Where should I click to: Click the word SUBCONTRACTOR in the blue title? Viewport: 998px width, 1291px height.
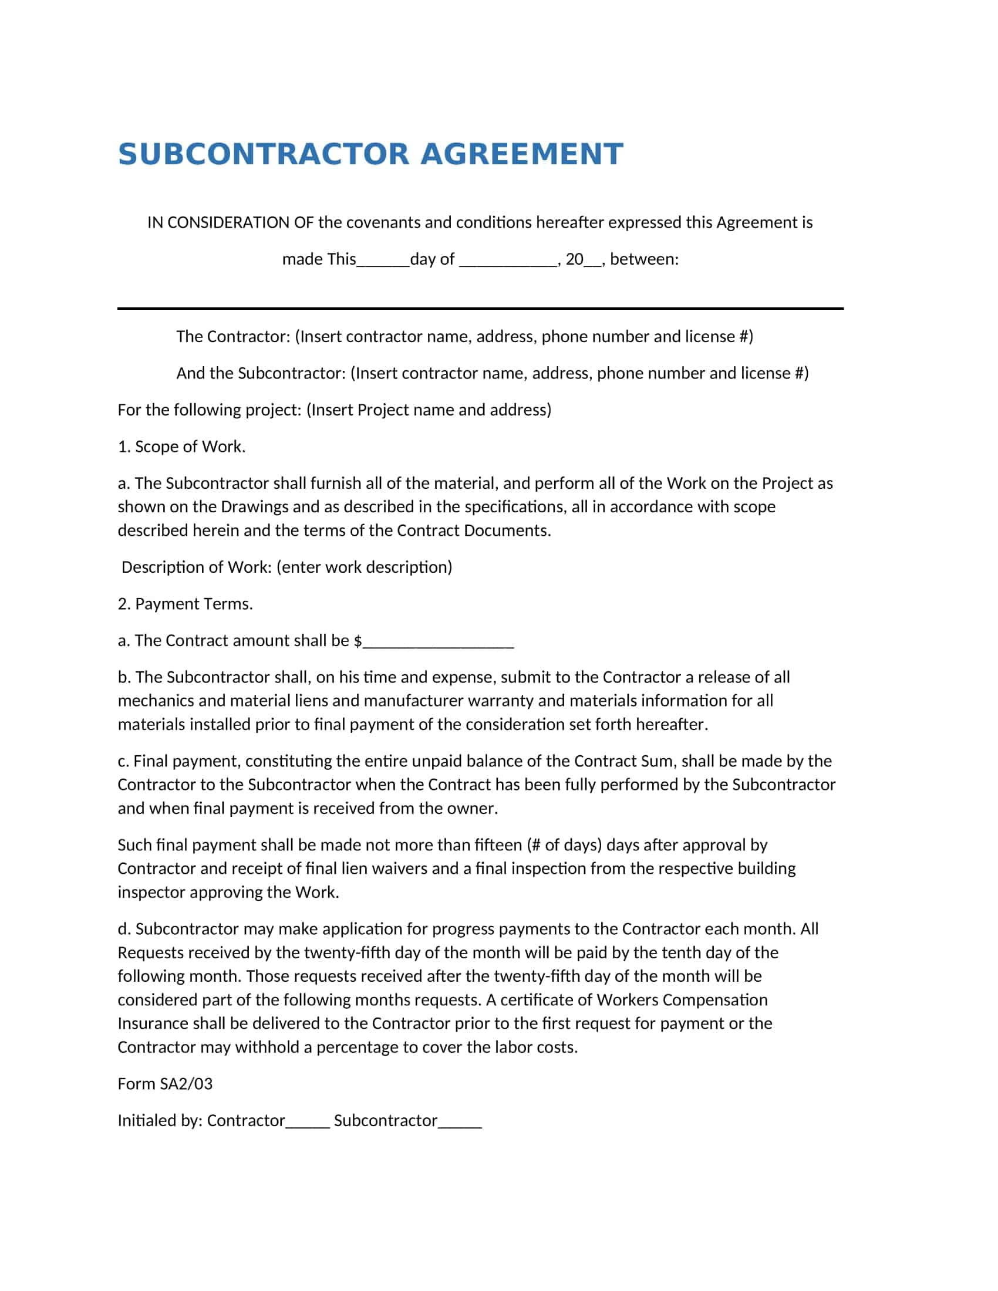[263, 154]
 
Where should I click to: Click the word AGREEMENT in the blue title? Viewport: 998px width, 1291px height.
[521, 154]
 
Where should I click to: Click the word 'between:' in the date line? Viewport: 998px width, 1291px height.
[644, 259]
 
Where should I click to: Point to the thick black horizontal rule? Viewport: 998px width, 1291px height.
[480, 308]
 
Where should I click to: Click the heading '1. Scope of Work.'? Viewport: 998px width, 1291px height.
[181, 447]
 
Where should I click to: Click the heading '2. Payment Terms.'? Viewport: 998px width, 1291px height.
[185, 603]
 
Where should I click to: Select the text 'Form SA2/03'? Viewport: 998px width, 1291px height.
[165, 1083]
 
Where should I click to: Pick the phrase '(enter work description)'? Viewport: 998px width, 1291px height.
[364, 567]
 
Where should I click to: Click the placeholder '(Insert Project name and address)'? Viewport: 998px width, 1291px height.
[429, 410]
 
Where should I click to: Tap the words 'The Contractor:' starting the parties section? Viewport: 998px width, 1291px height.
[233, 336]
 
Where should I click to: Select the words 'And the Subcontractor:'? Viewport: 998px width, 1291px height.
[261, 373]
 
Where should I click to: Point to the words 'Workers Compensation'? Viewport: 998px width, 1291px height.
[682, 999]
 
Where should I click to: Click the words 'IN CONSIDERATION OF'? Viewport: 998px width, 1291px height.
[230, 222]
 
